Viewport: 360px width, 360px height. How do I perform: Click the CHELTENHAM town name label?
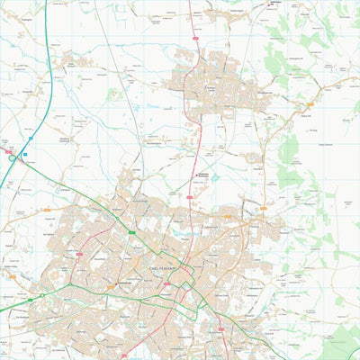164,266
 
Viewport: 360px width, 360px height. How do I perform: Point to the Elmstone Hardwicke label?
65,140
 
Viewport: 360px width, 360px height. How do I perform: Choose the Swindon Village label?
135,171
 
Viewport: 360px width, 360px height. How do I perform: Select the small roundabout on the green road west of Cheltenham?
41,295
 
